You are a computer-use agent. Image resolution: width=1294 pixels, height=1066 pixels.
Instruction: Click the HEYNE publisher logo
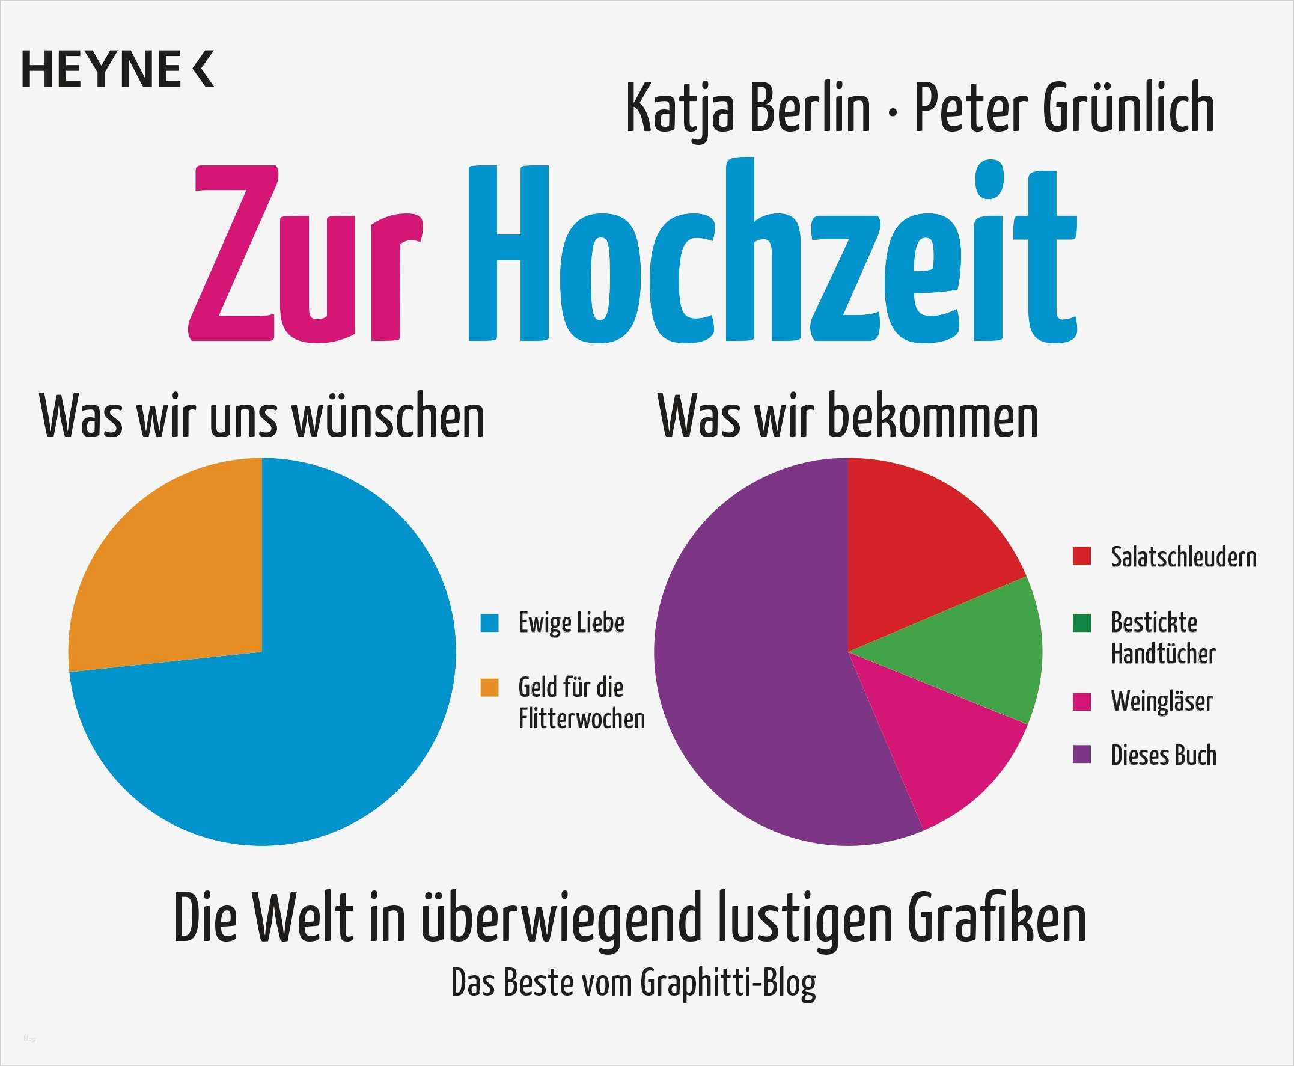point(118,69)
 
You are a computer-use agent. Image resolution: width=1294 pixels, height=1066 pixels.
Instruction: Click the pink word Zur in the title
point(305,253)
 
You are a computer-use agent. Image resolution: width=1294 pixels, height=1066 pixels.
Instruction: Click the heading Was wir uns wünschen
point(262,417)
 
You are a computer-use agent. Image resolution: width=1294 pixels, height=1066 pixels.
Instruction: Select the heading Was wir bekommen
point(849,417)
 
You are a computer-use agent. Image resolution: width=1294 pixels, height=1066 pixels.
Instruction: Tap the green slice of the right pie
point(970,651)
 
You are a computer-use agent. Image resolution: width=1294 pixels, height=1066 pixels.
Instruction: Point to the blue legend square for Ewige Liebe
point(489,623)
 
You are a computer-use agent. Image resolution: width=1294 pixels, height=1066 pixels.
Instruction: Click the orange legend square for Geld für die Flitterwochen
point(489,687)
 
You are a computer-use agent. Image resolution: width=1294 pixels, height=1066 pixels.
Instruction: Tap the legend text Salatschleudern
point(1183,557)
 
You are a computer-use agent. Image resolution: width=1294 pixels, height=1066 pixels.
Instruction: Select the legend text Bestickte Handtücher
point(1162,638)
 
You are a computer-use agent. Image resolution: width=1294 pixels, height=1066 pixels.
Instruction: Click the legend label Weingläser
point(1161,701)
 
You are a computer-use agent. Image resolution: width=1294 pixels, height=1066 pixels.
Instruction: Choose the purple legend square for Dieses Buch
point(1082,755)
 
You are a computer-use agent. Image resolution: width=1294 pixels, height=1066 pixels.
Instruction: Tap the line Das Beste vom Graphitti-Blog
point(633,983)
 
